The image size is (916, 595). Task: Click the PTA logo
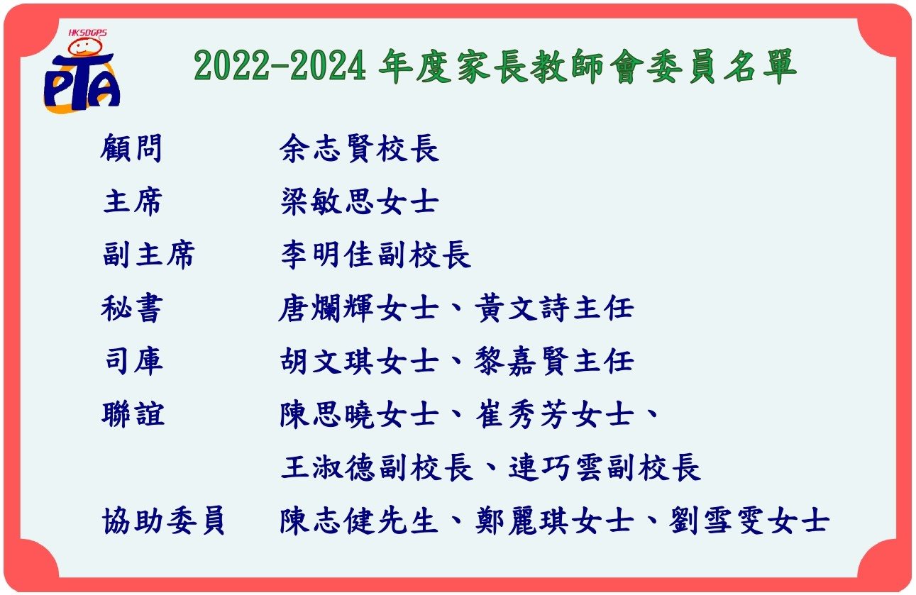click(82, 72)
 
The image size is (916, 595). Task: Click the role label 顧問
click(132, 148)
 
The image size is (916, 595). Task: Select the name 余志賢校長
click(360, 148)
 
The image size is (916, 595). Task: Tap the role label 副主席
click(148, 255)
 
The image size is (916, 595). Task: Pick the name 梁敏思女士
click(360, 201)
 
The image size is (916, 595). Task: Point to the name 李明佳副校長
click(376, 255)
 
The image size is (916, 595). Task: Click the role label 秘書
click(132, 308)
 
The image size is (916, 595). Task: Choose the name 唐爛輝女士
click(358, 308)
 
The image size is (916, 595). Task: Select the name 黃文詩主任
click(555, 308)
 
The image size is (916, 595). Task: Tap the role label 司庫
click(133, 361)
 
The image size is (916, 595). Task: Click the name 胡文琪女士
click(360, 361)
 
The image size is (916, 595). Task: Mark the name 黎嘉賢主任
click(554, 361)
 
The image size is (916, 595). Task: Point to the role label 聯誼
click(133, 415)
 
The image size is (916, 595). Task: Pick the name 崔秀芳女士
click(555, 415)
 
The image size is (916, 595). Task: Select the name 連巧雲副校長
click(605, 467)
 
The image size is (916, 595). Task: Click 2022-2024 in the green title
click(280, 66)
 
